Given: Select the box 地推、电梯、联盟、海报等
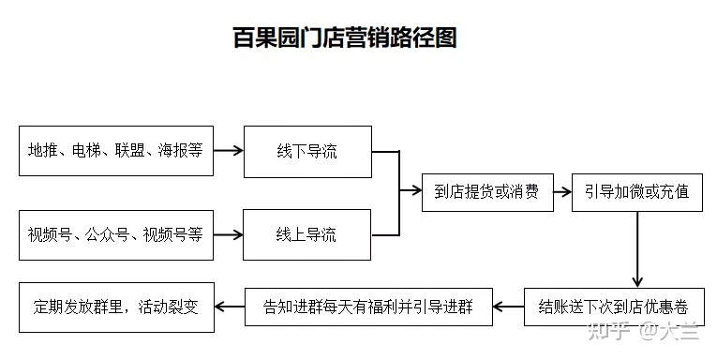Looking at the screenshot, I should pos(115,150).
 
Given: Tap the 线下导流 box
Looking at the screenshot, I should pos(306,150).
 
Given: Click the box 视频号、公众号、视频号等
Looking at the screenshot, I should pos(115,234).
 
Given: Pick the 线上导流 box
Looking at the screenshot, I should pos(306,234).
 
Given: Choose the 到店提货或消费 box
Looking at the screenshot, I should pos(486,192).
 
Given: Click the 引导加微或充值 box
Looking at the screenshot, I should pos(636,192).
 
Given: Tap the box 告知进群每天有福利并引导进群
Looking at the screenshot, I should pos(368,306).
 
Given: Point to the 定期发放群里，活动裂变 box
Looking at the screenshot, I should pos(115,306).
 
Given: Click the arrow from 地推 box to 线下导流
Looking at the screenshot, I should pos(228,150).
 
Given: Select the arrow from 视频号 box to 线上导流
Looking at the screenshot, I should pos(228,234).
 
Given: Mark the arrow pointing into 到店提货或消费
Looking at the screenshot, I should pos(411,192).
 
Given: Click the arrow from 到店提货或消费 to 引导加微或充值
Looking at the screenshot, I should pos(561,192).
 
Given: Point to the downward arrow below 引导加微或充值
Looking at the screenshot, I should pos(637,248).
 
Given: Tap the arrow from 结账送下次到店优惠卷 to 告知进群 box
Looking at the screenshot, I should pos(508,306).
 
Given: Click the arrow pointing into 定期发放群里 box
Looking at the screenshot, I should pos(229,306).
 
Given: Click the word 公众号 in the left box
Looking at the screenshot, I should pos(109,234).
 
